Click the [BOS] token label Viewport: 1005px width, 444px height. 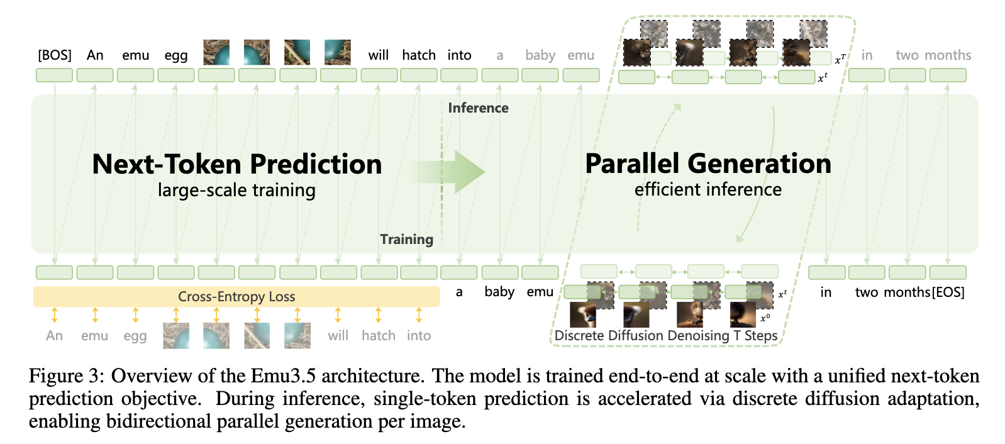(55, 55)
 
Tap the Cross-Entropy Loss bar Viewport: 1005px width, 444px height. (236, 296)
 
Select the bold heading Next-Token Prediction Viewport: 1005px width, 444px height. (237, 164)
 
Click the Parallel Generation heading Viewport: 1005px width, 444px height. (708, 164)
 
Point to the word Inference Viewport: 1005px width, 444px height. (478, 108)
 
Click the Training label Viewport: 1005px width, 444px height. (406, 239)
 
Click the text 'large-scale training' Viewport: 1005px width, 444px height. (236, 190)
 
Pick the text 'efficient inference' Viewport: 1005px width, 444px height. (708, 189)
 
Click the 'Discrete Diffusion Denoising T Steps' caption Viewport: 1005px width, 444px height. (666, 336)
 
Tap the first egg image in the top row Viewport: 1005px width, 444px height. (216, 53)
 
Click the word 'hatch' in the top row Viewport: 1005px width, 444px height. (419, 55)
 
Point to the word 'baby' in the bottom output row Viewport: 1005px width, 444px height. (499, 292)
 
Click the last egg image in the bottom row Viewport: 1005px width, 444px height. (297, 335)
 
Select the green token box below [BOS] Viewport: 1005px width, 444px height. (55, 75)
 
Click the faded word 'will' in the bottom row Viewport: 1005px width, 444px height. (338, 336)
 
